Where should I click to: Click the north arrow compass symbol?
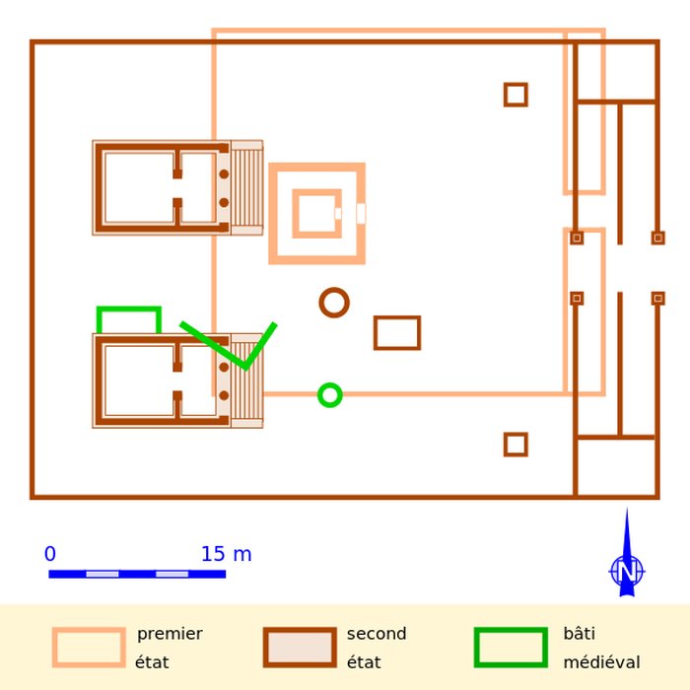(x=627, y=568)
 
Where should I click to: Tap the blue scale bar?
(x=137, y=574)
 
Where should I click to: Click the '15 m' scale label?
(x=226, y=554)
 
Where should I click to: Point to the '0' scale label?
(x=50, y=554)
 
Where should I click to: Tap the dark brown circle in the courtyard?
(x=334, y=290)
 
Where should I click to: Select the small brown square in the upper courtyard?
(x=516, y=85)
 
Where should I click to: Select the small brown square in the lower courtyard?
(x=516, y=435)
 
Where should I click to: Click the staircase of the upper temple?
(x=246, y=188)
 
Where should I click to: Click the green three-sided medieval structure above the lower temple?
(x=129, y=309)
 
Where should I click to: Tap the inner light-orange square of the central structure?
(x=316, y=192)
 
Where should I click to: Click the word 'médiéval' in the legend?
(x=601, y=661)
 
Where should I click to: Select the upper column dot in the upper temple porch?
(x=224, y=174)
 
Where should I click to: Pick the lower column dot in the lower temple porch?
(x=224, y=395)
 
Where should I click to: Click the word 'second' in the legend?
(x=377, y=634)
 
